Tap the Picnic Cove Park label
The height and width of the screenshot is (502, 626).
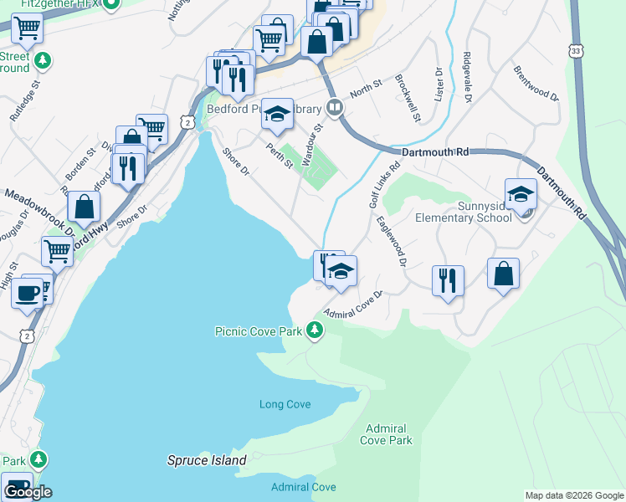pos(258,331)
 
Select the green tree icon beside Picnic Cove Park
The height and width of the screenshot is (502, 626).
pos(315,331)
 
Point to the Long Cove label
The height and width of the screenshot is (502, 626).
pos(285,404)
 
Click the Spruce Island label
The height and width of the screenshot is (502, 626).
pos(207,460)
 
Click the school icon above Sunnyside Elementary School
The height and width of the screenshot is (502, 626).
pos(521,194)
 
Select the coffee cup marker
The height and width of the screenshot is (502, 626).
pos(27,294)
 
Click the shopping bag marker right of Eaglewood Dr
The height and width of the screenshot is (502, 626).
pos(503,274)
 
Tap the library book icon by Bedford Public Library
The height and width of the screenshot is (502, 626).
pos(334,107)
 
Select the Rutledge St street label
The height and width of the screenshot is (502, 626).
pos(25,102)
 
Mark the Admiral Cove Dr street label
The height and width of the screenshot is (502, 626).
pos(351,305)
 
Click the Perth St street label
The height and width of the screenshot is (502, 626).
pos(279,156)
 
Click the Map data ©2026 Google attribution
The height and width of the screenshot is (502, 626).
pos(573,495)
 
